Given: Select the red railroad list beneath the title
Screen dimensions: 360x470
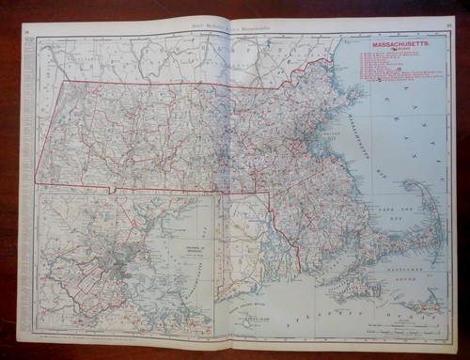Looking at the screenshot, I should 392,67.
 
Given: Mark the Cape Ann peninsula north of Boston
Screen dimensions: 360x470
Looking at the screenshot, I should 353,95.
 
